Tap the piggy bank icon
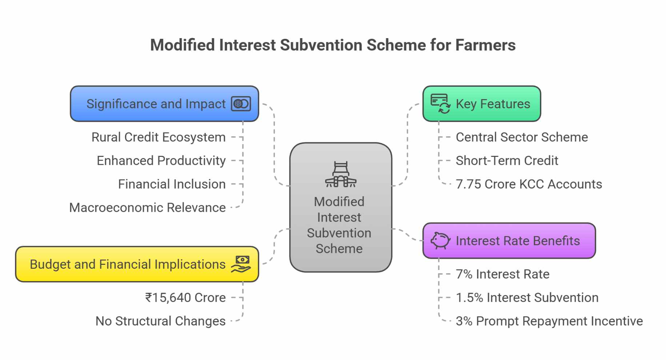[x=440, y=240]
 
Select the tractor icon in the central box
[x=341, y=175]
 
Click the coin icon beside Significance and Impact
[x=241, y=104]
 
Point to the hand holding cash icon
[x=241, y=264]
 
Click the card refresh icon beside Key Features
[x=440, y=104]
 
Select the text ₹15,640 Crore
[x=185, y=298]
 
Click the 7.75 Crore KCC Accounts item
[x=529, y=184]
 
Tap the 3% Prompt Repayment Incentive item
[x=549, y=321]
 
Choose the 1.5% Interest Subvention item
[x=527, y=298]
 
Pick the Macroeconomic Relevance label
[x=147, y=207]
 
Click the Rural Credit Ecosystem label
[x=159, y=137]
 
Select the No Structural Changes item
[x=160, y=321]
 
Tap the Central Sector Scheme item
[x=522, y=137]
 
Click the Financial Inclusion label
[x=172, y=184]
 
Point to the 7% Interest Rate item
[x=502, y=274]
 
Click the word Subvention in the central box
[x=339, y=233]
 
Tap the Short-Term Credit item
[x=507, y=161]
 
